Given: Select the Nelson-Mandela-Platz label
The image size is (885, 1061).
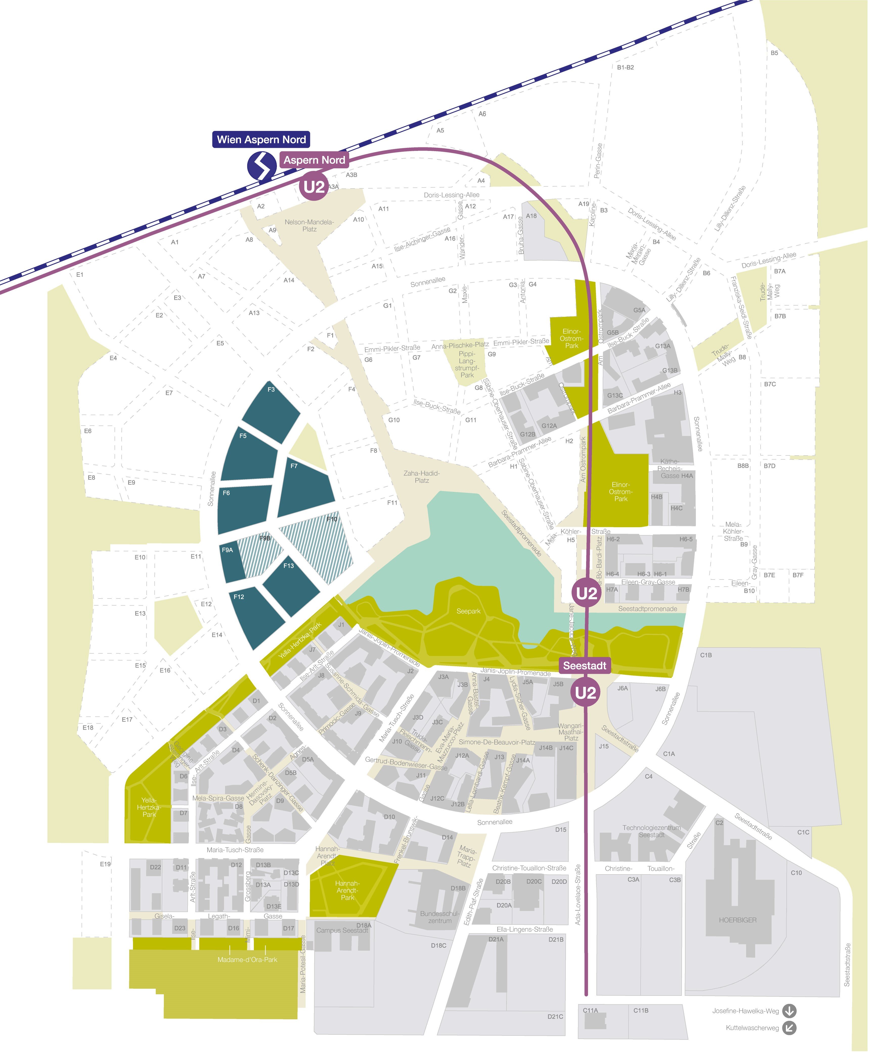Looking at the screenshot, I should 309,225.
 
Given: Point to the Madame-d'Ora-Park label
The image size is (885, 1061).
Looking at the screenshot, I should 247,959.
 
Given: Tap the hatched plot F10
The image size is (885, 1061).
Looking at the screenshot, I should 318,546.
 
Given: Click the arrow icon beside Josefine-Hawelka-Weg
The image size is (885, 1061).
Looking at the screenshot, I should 789,1011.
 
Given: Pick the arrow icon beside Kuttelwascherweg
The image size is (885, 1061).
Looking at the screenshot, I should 789,1028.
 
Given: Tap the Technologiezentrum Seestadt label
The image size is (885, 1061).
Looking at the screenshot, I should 652,831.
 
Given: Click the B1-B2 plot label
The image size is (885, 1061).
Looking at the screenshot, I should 625,67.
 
